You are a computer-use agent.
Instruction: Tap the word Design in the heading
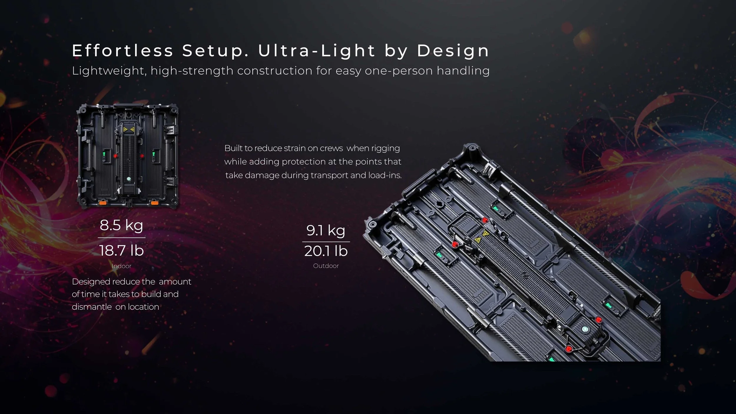(x=453, y=51)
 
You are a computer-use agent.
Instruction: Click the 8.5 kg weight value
(x=121, y=225)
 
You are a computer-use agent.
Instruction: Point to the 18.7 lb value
(x=121, y=251)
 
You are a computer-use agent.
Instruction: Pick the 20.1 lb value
(x=326, y=251)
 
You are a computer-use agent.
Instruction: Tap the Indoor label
(x=121, y=266)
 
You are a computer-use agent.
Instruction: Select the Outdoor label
(x=326, y=266)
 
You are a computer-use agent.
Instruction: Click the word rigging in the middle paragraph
(x=385, y=148)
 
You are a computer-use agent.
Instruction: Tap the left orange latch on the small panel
(x=103, y=203)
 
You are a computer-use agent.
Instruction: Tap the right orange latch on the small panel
(x=155, y=203)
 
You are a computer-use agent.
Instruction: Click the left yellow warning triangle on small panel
(x=125, y=129)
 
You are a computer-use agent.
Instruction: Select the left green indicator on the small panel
(x=104, y=154)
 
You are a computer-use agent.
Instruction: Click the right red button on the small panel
(x=142, y=155)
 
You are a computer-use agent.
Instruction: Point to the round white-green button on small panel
(x=129, y=179)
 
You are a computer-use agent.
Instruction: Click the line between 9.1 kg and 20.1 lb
(x=326, y=242)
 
